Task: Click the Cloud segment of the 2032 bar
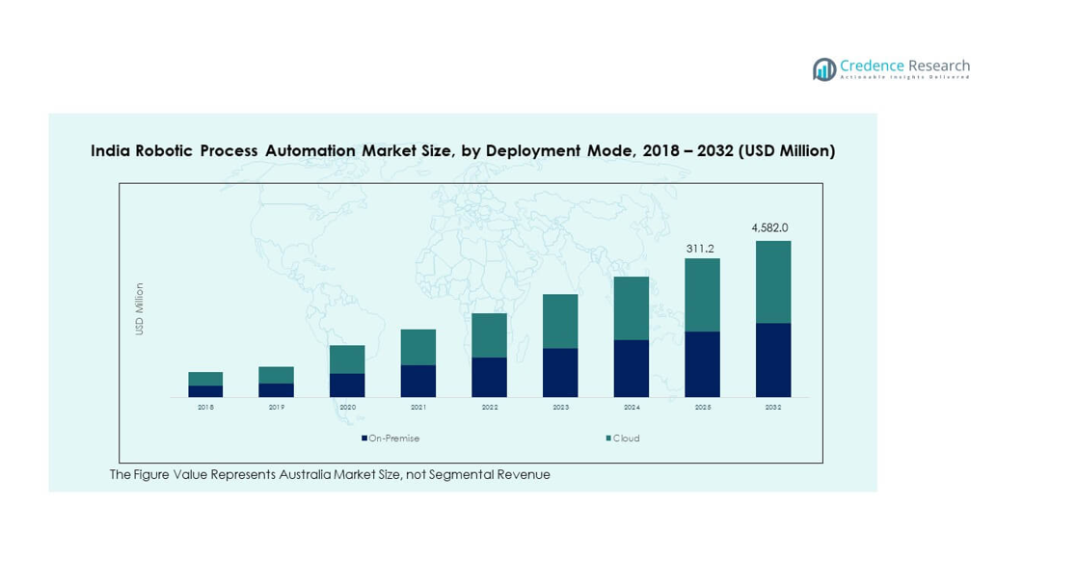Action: (x=773, y=281)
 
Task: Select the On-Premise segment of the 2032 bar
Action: (x=773, y=359)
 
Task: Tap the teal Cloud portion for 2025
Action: (x=702, y=295)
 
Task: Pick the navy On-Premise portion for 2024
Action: (x=632, y=368)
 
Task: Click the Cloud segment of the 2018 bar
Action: (x=205, y=379)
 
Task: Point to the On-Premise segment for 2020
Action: (x=347, y=385)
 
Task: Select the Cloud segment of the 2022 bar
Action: (x=489, y=335)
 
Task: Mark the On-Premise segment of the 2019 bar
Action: (x=276, y=390)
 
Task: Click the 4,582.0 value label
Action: (x=769, y=228)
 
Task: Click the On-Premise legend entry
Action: (x=390, y=438)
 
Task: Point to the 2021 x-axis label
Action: (x=418, y=408)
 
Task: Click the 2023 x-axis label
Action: (x=560, y=408)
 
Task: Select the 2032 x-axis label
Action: (x=773, y=408)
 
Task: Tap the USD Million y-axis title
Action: (x=140, y=308)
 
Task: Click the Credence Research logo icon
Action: (x=824, y=69)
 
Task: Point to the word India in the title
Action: (x=110, y=151)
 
